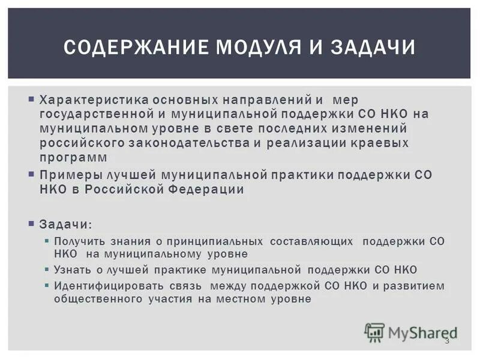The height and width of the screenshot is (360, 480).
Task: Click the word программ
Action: coord(74,157)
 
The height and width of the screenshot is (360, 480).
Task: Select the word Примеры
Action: coord(66,175)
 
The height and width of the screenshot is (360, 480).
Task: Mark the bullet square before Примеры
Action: coord(31,174)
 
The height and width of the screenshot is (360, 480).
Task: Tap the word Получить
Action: coord(76,241)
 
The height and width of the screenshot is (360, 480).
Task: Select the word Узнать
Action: coord(70,270)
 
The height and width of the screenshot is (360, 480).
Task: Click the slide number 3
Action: coord(446,341)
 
